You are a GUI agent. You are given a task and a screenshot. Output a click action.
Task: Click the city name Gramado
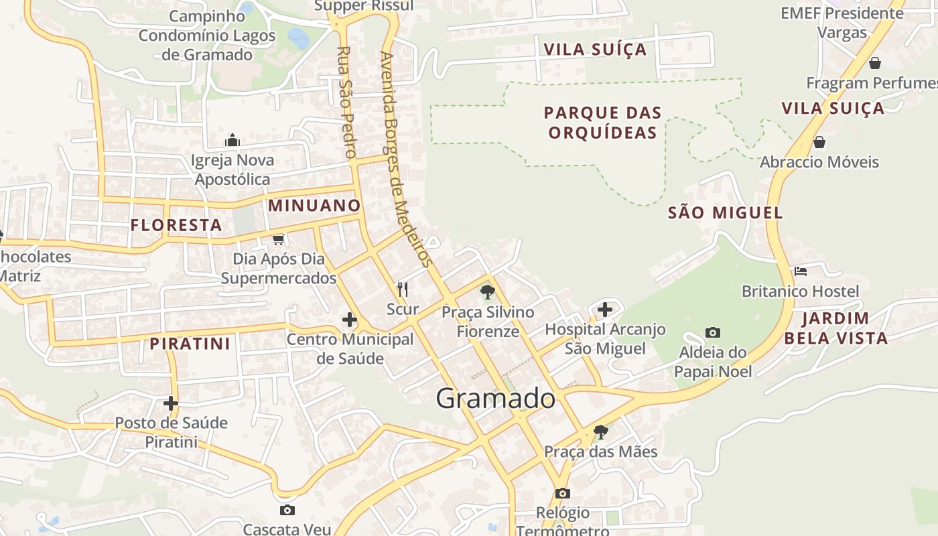[496, 399]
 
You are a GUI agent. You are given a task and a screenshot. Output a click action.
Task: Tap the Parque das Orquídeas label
[602, 123]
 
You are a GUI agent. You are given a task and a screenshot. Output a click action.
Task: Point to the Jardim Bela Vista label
[835, 328]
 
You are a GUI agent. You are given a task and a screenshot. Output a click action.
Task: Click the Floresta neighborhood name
[176, 225]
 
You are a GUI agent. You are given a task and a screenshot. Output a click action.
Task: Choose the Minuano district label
[314, 206]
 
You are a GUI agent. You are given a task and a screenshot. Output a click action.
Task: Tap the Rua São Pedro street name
[345, 102]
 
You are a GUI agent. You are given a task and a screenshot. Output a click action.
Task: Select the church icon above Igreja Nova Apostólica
[232, 140]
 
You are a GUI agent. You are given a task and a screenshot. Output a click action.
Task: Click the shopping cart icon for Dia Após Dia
[278, 239]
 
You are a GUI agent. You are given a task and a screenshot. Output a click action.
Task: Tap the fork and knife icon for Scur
[403, 289]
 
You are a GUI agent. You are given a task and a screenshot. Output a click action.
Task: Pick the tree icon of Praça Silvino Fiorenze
[488, 291]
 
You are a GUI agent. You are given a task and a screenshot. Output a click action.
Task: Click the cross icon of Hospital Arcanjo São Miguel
[605, 309]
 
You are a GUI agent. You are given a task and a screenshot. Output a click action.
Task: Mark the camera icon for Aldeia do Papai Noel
[713, 332]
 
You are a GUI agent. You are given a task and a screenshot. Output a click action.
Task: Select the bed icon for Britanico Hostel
[800, 271]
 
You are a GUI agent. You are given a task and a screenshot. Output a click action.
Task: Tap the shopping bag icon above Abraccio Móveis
[819, 142]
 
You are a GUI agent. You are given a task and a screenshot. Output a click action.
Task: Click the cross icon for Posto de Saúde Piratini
[171, 403]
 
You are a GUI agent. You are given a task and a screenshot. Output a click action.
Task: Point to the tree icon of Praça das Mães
[601, 431]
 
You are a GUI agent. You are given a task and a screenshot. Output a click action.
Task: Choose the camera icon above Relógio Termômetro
[563, 493]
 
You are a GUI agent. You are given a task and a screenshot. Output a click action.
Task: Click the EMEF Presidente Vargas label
[842, 22]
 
